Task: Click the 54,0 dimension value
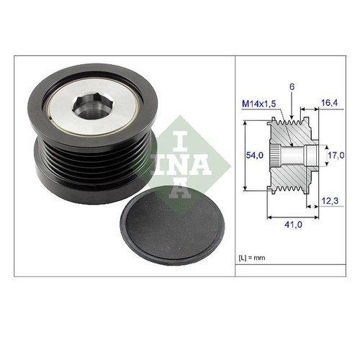click(254, 156)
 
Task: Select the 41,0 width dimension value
click(293, 225)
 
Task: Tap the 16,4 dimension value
click(329, 103)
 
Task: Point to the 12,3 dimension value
click(330, 201)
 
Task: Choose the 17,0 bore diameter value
click(336, 156)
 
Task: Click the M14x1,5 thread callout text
click(259, 104)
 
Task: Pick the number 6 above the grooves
click(292, 87)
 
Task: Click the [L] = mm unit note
click(252, 258)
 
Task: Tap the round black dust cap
click(172, 226)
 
